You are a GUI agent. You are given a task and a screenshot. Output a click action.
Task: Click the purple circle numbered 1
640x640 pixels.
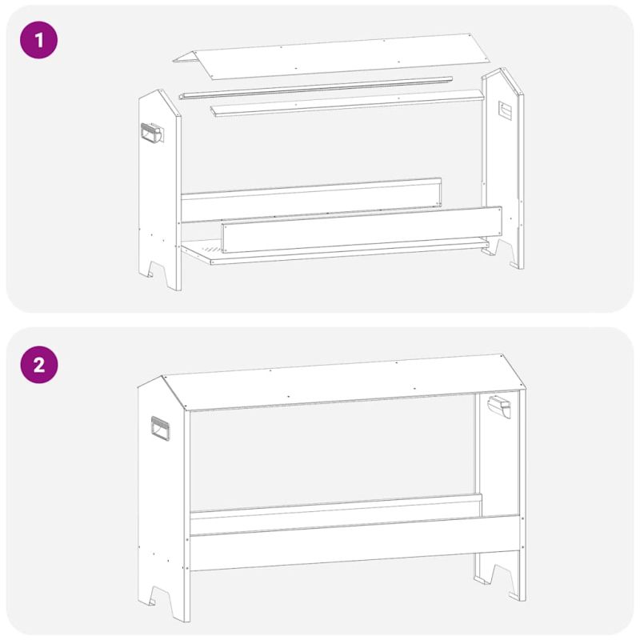pyautogui.click(x=38, y=40)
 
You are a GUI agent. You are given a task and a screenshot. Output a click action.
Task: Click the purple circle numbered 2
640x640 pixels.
pyautogui.click(x=38, y=365)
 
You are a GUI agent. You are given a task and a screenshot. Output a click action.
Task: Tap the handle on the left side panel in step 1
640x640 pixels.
pyautogui.click(x=152, y=133)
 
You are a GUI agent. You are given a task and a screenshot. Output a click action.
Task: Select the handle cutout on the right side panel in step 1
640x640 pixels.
pyautogui.click(x=505, y=110)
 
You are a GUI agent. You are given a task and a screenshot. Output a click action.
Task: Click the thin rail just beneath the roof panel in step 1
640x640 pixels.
pyautogui.click(x=315, y=87)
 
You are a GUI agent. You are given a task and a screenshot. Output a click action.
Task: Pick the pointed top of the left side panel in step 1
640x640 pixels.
pyautogui.click(x=159, y=90)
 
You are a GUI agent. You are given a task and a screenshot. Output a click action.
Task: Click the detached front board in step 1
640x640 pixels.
pyautogui.click(x=362, y=230)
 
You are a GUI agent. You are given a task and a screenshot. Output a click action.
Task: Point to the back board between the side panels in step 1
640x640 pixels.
pyautogui.click(x=311, y=200)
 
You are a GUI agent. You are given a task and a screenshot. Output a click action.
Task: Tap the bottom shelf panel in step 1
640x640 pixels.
pyautogui.click(x=334, y=251)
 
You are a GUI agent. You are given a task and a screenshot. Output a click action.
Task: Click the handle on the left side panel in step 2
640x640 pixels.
pyautogui.click(x=161, y=429)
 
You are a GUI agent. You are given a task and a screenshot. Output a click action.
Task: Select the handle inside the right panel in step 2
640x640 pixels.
pyautogui.click(x=499, y=406)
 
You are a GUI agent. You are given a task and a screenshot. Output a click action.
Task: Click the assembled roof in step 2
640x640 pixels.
pyautogui.click(x=344, y=382)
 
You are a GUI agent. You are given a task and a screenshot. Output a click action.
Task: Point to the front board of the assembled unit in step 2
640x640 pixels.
pyautogui.click(x=355, y=543)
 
